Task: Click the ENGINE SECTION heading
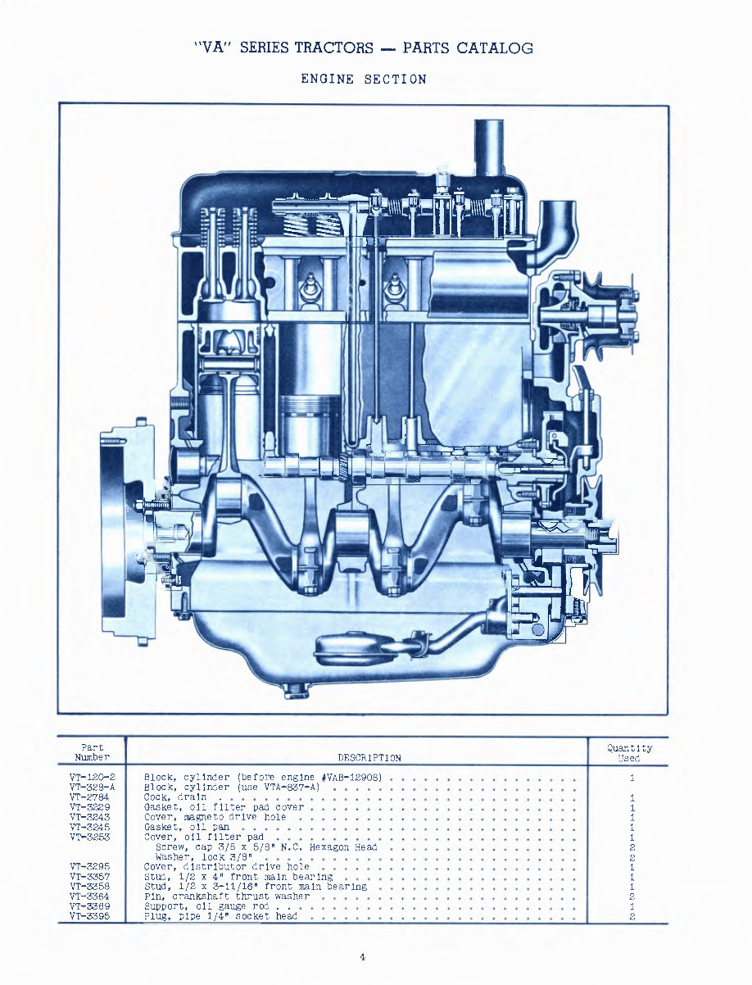coord(364,79)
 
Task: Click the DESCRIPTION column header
coord(369,758)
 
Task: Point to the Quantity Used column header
coord(629,752)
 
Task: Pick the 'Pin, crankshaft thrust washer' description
coord(226,896)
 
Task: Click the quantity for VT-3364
coord(633,896)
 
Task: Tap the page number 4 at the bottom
coord(362,956)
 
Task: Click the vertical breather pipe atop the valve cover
coord(489,148)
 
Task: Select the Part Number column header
coord(91,752)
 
